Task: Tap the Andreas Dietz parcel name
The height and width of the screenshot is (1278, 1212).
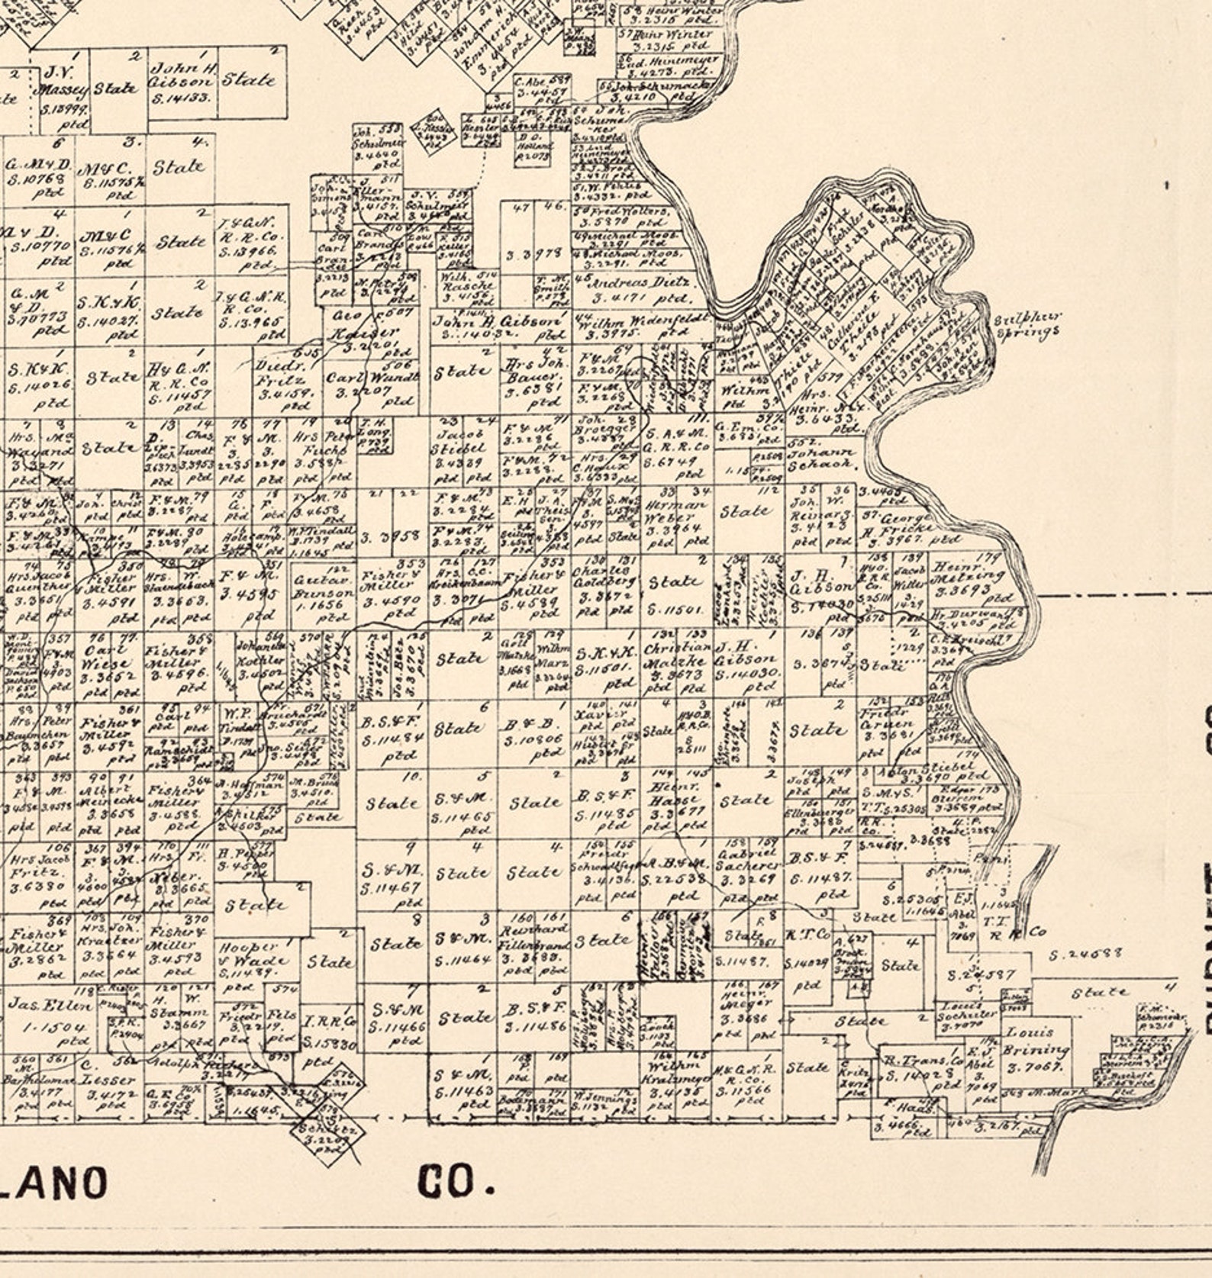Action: [x=640, y=282]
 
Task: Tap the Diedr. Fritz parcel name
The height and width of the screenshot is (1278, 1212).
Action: [x=279, y=372]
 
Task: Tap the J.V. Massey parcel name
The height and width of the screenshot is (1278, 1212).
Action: [x=65, y=82]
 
